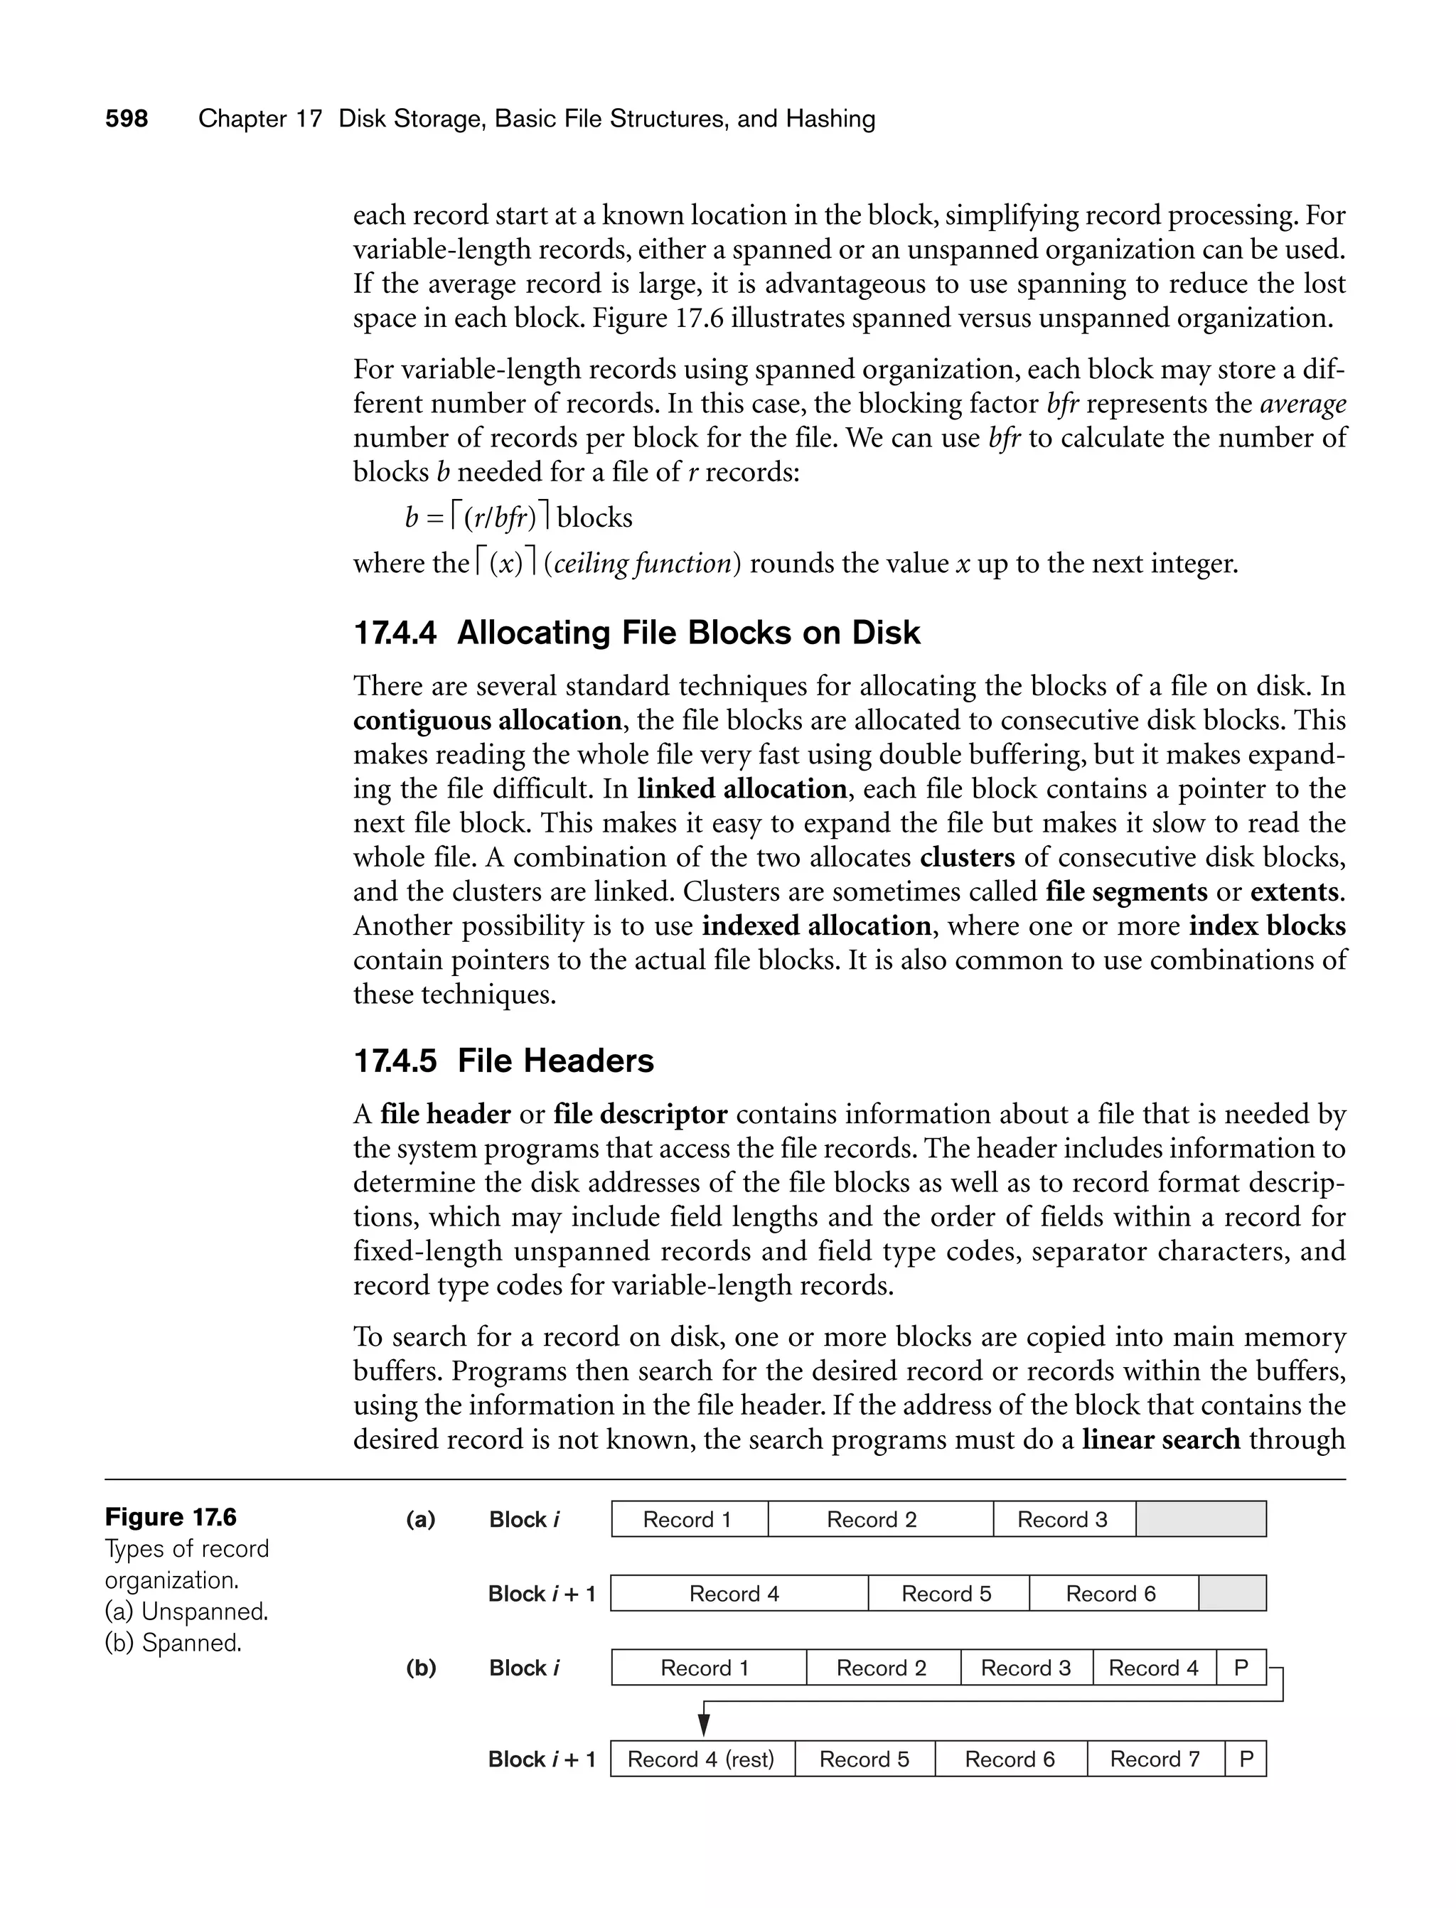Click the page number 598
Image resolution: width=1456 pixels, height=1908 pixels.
click(127, 119)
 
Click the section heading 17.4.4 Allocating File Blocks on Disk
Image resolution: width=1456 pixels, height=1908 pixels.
click(636, 633)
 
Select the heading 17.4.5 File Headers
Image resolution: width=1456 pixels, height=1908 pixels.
click(503, 1061)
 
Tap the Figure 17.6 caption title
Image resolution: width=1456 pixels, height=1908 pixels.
click(171, 1517)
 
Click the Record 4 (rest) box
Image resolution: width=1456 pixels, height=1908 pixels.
click(701, 1760)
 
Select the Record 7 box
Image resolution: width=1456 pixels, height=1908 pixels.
click(1155, 1760)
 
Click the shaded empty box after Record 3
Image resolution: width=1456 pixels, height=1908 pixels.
click(1200, 1520)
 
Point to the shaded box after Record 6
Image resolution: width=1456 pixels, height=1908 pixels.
click(1232, 1595)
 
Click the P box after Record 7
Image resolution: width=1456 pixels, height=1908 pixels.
click(1246, 1760)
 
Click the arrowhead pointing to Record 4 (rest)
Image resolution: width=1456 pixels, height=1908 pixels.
click(705, 1727)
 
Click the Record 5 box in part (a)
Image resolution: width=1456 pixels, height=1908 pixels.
click(947, 1595)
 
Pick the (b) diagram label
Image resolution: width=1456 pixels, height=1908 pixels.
click(421, 1668)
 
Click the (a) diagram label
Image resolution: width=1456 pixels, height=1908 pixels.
click(421, 1520)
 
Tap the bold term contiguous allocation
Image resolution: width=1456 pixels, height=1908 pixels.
click(487, 721)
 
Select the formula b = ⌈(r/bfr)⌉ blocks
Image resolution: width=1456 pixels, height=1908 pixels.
click(518, 518)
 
